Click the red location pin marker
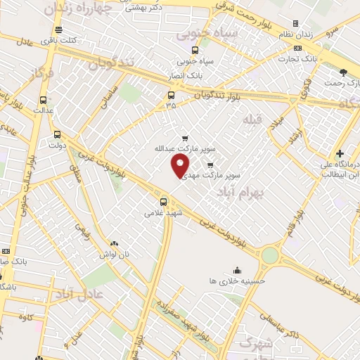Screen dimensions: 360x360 coord(180,166)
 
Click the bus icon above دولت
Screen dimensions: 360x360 coord(57,134)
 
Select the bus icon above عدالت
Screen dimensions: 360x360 coord(44,100)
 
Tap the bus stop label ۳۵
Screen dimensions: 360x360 coord(171,105)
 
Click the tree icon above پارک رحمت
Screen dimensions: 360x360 coord(342,72)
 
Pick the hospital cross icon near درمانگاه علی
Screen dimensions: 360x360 coord(340,153)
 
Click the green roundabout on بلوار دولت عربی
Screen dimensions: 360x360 coord(269,256)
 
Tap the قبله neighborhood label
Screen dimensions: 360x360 coord(252,120)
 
